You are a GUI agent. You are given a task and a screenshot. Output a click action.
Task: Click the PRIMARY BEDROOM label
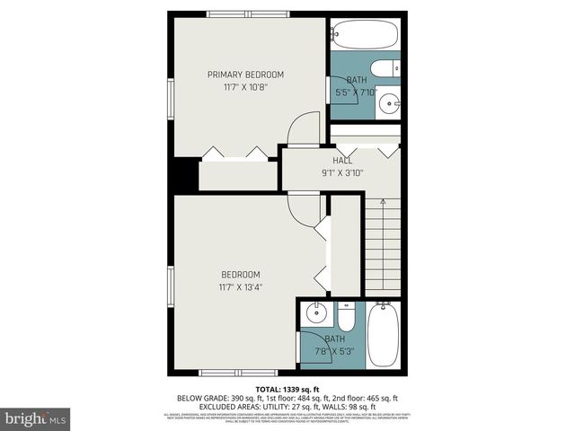click(245, 74)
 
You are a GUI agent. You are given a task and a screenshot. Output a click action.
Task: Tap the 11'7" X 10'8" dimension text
click(245, 87)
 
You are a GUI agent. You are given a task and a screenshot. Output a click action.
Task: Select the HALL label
click(341, 160)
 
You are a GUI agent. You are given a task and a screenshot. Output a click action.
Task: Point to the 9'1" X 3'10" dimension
click(341, 173)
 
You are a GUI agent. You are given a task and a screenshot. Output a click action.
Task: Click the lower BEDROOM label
click(241, 274)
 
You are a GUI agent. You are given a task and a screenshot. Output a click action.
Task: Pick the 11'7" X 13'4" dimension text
click(241, 287)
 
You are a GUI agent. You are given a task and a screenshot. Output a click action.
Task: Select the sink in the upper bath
click(389, 101)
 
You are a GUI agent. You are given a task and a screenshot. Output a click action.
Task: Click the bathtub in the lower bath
click(384, 334)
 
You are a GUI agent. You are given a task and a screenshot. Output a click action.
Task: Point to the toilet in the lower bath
click(347, 316)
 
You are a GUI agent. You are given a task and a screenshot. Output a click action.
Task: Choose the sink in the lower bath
click(314, 314)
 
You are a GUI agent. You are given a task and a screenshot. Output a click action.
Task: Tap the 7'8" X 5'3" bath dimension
click(333, 351)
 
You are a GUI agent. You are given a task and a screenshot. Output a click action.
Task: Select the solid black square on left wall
click(186, 174)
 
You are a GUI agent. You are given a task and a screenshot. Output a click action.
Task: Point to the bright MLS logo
click(36, 418)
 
